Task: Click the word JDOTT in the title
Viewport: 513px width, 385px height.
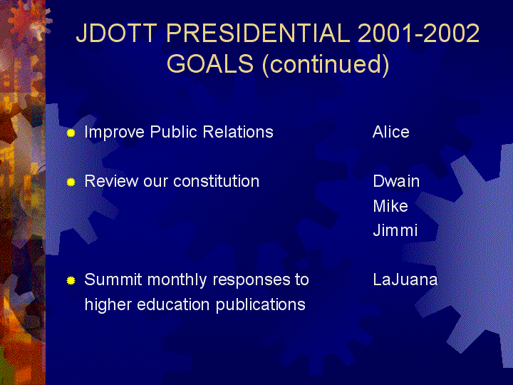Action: point(116,33)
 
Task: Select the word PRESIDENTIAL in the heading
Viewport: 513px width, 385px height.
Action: point(258,33)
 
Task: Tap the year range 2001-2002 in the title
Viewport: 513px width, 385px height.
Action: point(418,33)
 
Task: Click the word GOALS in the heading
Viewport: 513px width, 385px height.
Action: point(210,63)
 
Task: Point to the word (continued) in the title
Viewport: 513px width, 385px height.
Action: point(326,64)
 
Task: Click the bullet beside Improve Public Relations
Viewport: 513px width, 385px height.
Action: point(71,133)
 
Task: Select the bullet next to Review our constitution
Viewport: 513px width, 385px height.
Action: point(71,182)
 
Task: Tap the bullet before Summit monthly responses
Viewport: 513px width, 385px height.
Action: point(71,281)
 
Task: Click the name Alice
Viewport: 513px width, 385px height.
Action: point(391,132)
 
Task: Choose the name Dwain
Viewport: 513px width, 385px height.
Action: point(396,181)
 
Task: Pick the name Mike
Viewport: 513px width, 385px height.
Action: point(390,206)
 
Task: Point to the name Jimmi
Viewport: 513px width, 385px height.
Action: point(395,230)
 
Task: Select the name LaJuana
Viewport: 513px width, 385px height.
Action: point(405,279)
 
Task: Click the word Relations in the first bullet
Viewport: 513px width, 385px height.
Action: point(238,132)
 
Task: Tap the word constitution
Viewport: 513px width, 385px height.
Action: point(217,181)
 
